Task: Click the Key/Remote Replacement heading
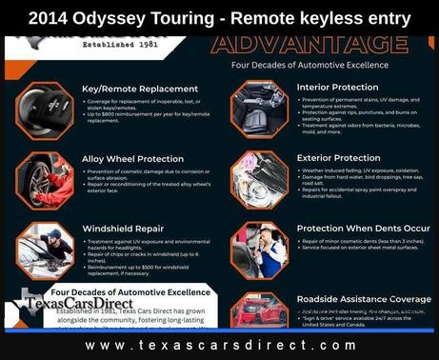click(x=134, y=88)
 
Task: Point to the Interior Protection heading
click(x=338, y=86)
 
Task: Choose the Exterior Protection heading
click(x=339, y=157)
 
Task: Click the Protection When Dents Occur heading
click(x=363, y=229)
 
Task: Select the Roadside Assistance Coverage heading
click(x=364, y=299)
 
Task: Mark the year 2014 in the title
click(x=48, y=18)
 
